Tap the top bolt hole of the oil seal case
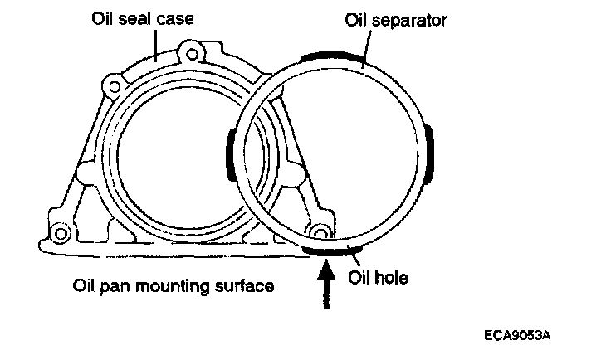pos(193,56)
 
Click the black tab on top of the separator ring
pos(333,58)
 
